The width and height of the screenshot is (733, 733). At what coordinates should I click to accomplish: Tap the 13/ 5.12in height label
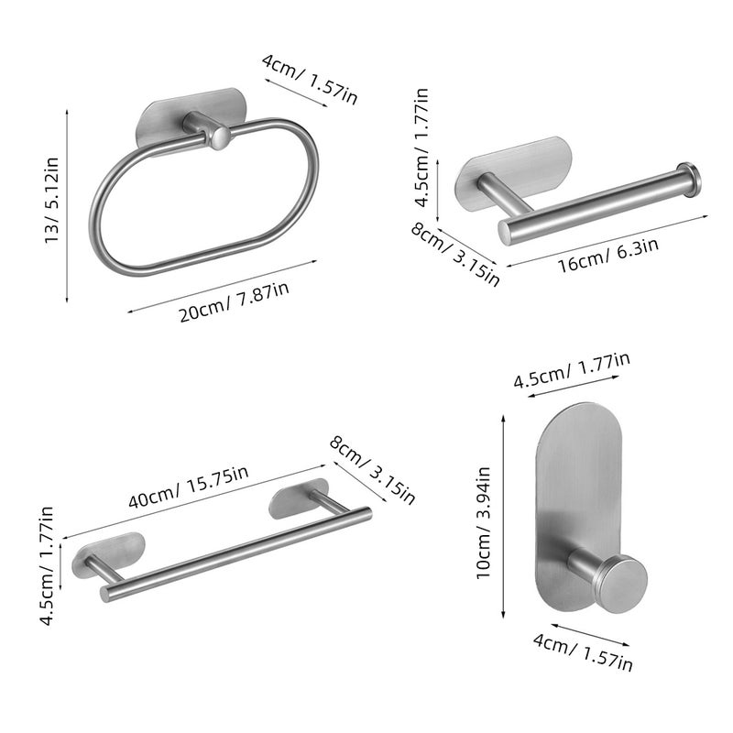tap(51, 200)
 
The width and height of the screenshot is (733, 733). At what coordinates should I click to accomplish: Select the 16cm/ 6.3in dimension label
tap(608, 255)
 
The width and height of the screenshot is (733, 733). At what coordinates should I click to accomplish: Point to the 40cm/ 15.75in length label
tap(189, 487)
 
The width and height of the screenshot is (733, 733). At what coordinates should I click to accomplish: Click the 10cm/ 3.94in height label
tap(483, 522)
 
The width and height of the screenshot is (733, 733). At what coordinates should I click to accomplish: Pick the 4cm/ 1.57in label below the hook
tap(583, 651)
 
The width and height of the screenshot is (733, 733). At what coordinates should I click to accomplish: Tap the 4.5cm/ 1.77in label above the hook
tap(572, 370)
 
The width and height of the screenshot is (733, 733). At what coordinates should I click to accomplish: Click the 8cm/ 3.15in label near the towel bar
tap(372, 470)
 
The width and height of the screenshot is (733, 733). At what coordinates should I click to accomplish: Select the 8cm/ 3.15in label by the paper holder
tap(455, 254)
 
